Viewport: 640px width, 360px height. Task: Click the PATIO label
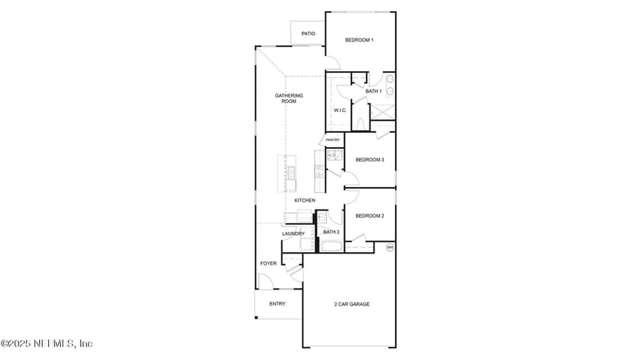(308, 34)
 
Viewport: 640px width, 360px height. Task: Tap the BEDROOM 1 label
(359, 40)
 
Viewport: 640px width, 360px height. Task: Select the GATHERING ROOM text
(289, 98)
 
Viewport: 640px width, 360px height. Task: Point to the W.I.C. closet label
(339, 110)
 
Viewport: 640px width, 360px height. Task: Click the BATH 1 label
(374, 91)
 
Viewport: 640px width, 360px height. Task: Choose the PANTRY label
(333, 140)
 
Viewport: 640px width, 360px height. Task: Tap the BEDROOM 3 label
(370, 160)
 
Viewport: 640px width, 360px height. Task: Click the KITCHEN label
(305, 200)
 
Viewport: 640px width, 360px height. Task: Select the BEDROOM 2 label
(370, 216)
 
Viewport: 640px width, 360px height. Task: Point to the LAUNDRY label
(293, 234)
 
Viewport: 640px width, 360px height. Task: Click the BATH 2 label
(331, 232)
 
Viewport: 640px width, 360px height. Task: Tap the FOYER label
(268, 263)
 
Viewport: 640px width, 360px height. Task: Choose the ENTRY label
(278, 304)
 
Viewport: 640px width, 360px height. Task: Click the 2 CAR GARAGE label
(351, 304)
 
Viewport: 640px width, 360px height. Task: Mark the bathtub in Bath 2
(330, 245)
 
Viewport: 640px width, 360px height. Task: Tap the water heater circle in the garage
(390, 248)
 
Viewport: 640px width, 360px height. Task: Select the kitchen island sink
(291, 172)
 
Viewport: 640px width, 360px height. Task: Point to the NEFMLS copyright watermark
(46, 343)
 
